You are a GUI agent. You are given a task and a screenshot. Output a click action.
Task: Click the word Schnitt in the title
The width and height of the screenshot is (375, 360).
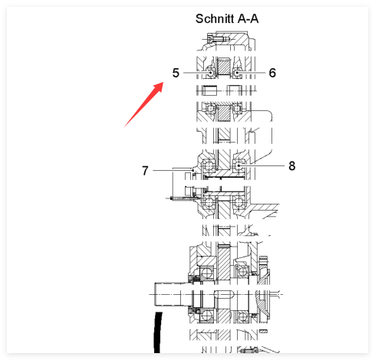click(215, 18)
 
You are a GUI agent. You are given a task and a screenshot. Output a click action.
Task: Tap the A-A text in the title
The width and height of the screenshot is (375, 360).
click(248, 18)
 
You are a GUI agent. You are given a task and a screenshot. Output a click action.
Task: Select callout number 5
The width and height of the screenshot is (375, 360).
click(176, 73)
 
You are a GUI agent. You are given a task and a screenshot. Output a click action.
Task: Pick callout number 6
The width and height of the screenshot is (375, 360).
click(272, 73)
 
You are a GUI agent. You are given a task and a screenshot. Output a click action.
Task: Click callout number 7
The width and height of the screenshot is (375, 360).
click(145, 171)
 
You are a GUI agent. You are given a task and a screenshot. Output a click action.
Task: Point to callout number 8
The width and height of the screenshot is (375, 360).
click(292, 165)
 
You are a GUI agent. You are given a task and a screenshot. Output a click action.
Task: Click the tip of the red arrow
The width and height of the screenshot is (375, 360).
click(163, 82)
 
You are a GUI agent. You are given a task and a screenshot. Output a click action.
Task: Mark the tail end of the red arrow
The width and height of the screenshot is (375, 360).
click(124, 127)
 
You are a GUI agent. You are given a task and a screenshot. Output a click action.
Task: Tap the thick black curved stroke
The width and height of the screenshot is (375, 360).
click(157, 332)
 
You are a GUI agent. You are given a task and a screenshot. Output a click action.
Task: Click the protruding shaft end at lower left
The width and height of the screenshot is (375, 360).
click(171, 294)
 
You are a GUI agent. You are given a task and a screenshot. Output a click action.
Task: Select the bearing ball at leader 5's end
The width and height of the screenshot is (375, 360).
click(211, 73)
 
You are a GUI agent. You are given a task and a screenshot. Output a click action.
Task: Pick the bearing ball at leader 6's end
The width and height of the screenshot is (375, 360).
click(237, 73)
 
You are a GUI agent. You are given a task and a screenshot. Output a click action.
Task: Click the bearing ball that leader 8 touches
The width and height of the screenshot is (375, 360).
click(238, 165)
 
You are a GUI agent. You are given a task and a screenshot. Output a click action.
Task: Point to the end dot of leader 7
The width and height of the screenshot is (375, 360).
click(192, 170)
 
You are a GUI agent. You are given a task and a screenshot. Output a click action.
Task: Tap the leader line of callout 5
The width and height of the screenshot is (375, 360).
click(197, 73)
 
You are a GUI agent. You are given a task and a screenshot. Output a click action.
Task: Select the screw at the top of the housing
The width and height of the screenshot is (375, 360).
click(218, 39)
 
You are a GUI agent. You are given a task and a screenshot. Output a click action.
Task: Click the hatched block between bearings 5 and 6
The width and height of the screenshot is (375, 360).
click(224, 67)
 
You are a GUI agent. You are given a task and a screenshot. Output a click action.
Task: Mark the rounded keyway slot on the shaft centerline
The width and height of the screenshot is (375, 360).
click(224, 294)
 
